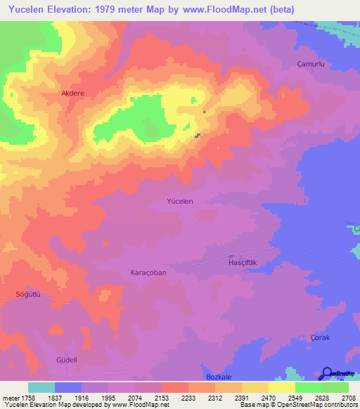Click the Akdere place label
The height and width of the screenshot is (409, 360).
point(73,93)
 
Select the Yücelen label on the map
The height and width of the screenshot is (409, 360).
point(179,201)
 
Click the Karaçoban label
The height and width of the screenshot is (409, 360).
point(148,272)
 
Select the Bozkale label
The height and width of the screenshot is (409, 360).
point(218,377)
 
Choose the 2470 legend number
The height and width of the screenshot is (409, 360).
point(255,398)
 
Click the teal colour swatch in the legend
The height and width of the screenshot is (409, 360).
point(41,387)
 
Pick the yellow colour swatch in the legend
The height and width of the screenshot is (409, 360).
point(281,387)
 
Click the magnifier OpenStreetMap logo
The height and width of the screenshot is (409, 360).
point(326,374)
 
